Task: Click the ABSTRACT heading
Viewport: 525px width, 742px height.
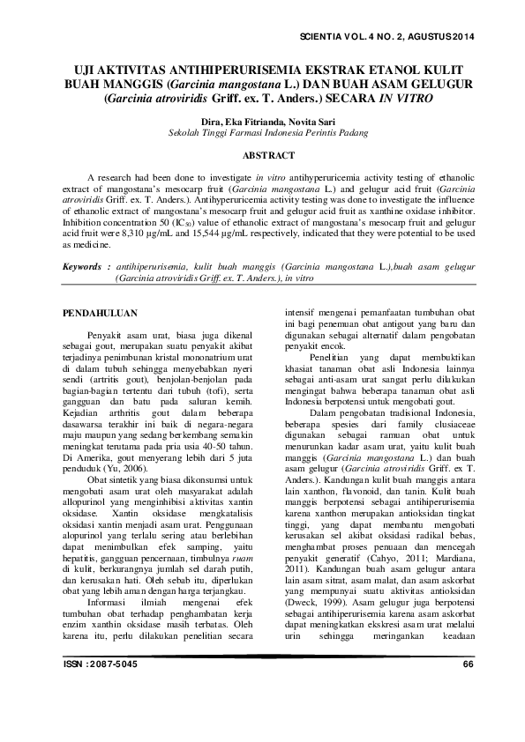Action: (x=262, y=155)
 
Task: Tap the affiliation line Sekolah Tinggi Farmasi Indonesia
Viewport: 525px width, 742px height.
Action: (x=262, y=131)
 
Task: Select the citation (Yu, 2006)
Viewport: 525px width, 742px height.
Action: (x=120, y=446)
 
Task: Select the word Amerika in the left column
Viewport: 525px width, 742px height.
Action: (x=96, y=434)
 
